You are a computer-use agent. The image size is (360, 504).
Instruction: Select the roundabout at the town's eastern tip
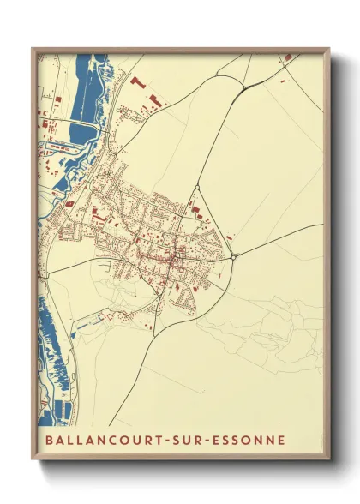coord(233,255)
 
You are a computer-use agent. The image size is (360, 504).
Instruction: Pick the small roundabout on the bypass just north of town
coord(197,187)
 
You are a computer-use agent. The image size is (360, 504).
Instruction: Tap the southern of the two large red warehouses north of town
coord(155,102)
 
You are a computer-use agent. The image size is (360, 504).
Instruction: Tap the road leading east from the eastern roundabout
coord(274,245)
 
